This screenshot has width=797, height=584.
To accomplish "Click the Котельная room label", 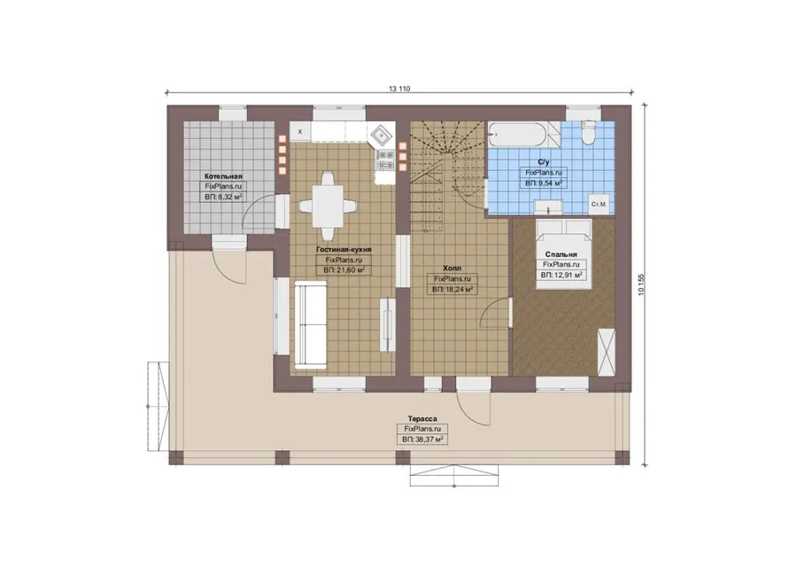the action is [x=223, y=176].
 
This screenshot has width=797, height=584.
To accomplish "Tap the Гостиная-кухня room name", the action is [x=344, y=250].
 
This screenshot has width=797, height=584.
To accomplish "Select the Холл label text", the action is [x=452, y=269].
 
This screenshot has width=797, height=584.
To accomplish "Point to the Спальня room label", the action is [x=561, y=254].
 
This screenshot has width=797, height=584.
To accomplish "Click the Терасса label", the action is [x=422, y=418].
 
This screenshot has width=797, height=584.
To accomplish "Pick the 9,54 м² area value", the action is [x=549, y=183].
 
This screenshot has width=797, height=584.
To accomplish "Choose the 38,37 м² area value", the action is [x=429, y=439].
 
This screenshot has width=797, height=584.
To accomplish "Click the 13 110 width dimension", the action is [x=399, y=89].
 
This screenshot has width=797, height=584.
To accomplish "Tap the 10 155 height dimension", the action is [x=641, y=284].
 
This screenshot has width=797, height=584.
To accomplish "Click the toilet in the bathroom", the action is [x=588, y=132].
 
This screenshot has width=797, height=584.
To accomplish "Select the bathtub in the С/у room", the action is [x=517, y=135].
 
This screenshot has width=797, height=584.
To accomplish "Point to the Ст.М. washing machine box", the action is [x=599, y=204].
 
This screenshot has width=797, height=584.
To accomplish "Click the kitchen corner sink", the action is [x=381, y=135].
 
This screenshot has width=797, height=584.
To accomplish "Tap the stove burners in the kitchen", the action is [x=385, y=160].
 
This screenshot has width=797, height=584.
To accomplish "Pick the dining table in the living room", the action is [x=328, y=206].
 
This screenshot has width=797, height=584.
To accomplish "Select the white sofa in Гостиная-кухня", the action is [x=311, y=324].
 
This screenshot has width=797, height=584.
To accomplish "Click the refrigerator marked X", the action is [x=300, y=131].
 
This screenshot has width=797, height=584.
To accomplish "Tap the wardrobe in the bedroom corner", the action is [x=606, y=353].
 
